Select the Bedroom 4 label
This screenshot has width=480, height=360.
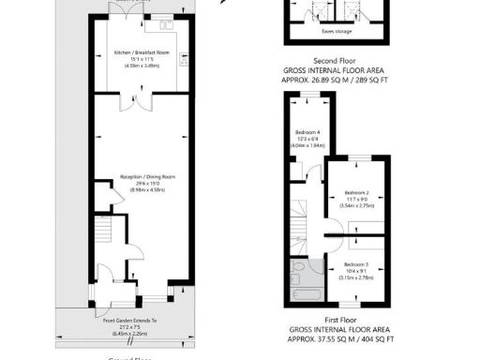coord(307,132)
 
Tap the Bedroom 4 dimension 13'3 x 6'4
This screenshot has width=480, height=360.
coord(307,139)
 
